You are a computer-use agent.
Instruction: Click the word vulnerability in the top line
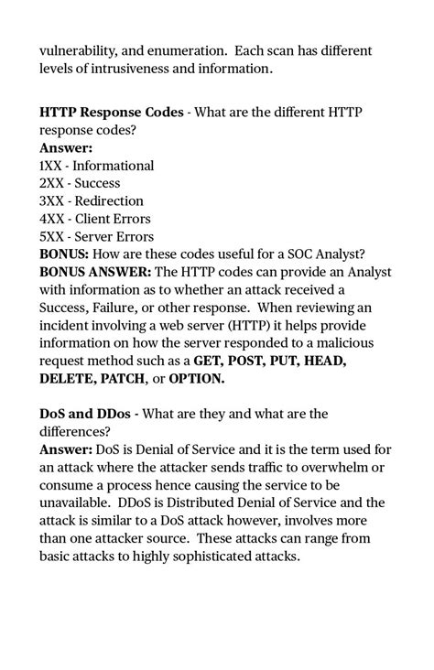pyautogui.click(x=78, y=49)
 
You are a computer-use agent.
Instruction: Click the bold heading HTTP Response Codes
pyautogui.click(x=111, y=113)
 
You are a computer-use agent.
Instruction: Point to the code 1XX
pyautogui.click(x=51, y=166)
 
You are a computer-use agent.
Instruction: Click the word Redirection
pyautogui.click(x=108, y=201)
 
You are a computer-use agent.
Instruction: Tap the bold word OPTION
pyautogui.click(x=195, y=378)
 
